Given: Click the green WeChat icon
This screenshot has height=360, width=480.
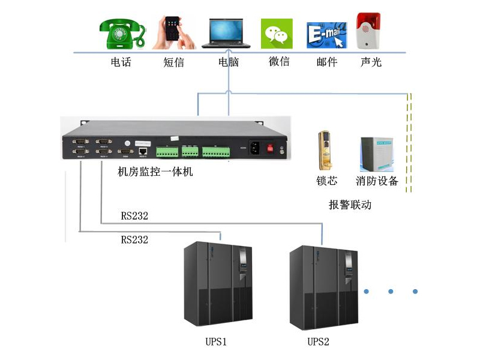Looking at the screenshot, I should pos(277,33).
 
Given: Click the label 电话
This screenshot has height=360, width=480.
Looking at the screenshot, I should pos(121,62).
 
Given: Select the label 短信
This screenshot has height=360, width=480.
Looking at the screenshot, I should pos(173,62).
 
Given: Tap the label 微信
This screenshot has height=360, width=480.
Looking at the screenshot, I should pos(279,62).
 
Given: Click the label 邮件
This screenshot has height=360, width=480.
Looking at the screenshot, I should pos(327,62).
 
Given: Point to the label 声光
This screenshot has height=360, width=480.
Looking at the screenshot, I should pos(371,62).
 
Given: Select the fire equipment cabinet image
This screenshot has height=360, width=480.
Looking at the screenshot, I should pos(376,154).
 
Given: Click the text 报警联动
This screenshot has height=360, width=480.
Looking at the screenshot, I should pos(350,205).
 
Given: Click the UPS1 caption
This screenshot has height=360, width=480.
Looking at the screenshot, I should pos(216,342).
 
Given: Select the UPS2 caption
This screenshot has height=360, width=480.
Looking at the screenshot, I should pos(318,342).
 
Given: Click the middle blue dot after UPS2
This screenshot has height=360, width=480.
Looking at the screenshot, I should pos(391,292).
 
